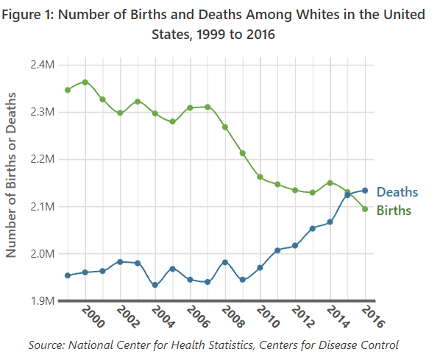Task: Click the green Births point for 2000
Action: tap(85, 82)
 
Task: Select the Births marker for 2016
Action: tap(365, 209)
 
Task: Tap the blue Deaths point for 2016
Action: tap(365, 191)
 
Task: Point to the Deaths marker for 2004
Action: tap(155, 285)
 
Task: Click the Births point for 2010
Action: tap(260, 177)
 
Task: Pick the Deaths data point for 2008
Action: tap(225, 262)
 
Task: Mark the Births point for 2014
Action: tap(330, 183)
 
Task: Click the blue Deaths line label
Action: tap(397, 192)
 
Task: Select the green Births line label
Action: tap(394, 211)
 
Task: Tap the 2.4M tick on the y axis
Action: tap(43, 65)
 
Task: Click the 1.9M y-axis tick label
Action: tap(43, 301)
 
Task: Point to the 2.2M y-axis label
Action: tap(43, 159)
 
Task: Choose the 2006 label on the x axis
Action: tap(198, 317)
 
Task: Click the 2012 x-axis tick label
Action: tap(303, 317)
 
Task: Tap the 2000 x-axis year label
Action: tap(93, 317)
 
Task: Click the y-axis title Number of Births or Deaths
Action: tap(11, 175)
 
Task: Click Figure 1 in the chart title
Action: tap(27, 15)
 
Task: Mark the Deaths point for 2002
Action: tap(120, 262)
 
